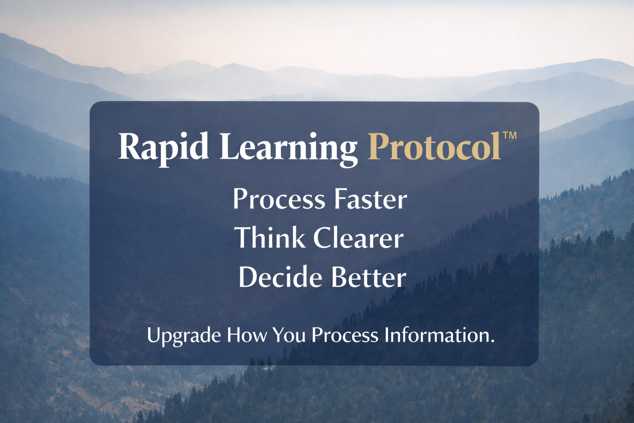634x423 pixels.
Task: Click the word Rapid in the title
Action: [x=163, y=150]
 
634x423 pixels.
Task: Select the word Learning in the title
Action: [x=289, y=150]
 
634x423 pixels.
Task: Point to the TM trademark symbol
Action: [x=510, y=135]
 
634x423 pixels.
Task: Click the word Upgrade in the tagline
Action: [x=184, y=336]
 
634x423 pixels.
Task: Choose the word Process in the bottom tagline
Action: [x=345, y=335]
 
